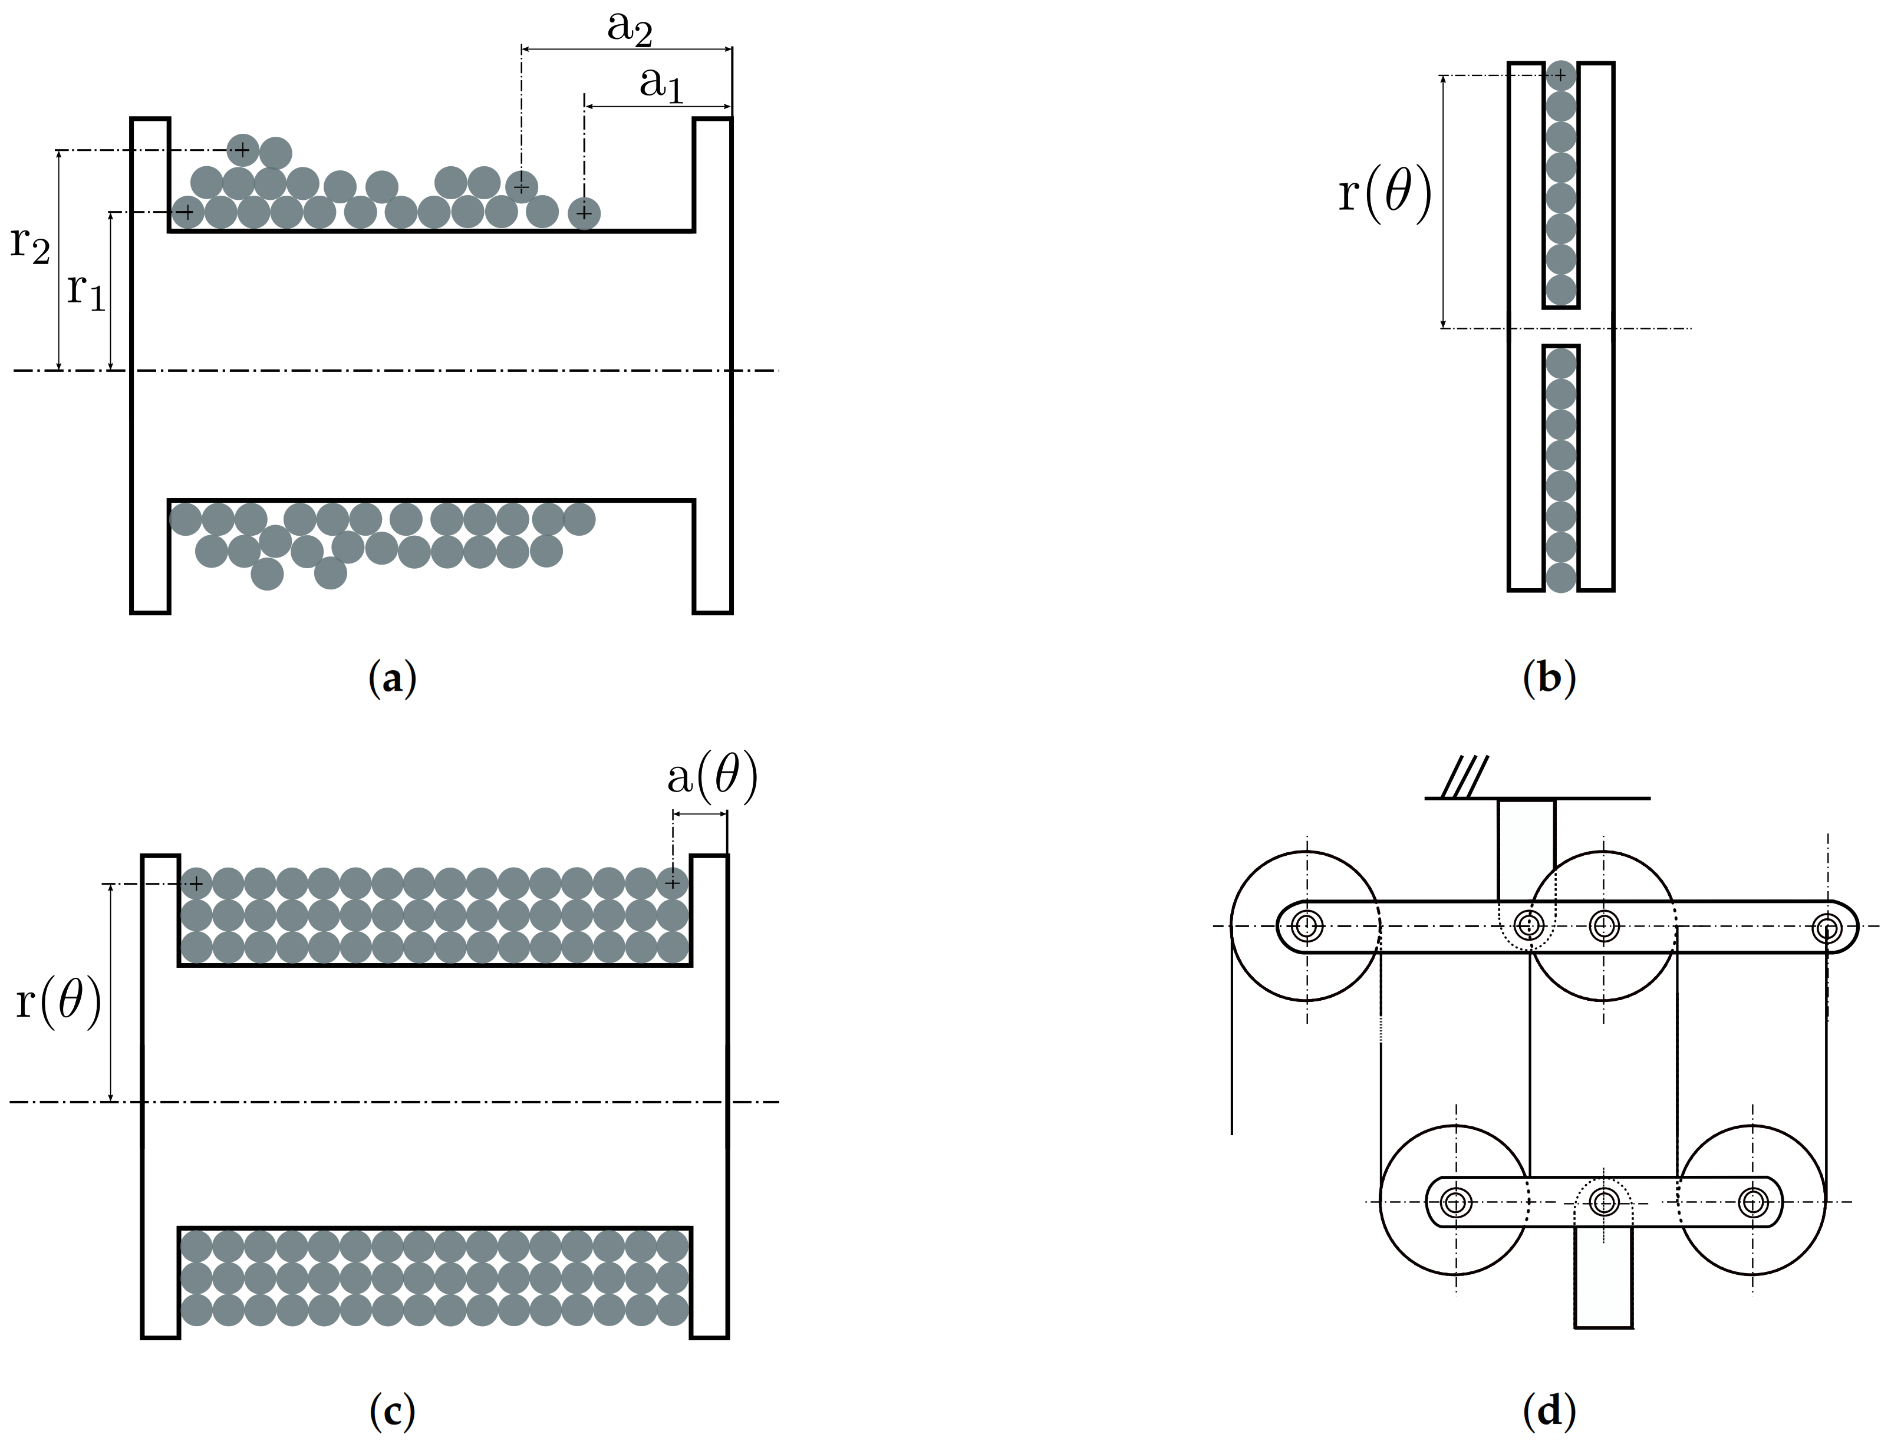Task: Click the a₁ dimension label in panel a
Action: pyautogui.click(x=660, y=85)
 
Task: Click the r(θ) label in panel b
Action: pyautogui.click(x=1385, y=194)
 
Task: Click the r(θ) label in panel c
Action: pyautogui.click(x=58, y=1002)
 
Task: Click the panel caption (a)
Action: pyautogui.click(x=392, y=679)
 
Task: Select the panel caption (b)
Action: pyautogui.click(x=1549, y=679)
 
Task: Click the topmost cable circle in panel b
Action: pyautogui.click(x=1561, y=75)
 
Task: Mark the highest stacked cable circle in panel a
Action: pyautogui.click(x=242, y=150)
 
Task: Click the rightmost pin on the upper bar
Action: pyautogui.click(x=1827, y=927)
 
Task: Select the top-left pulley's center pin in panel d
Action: pyautogui.click(x=1307, y=927)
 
